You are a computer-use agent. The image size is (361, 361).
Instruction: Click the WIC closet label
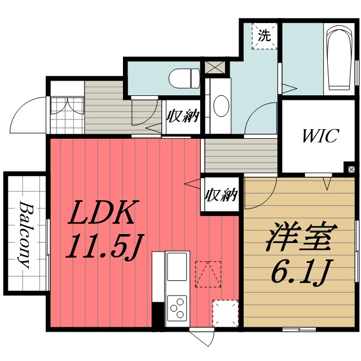coord(320,137)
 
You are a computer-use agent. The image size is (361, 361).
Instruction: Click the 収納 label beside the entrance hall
coord(183,117)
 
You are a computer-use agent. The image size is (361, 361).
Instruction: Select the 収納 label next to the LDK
coord(222,195)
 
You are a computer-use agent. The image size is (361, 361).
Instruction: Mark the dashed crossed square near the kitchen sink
coord(206,274)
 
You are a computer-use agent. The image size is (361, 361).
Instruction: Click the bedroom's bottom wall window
coord(299,329)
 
